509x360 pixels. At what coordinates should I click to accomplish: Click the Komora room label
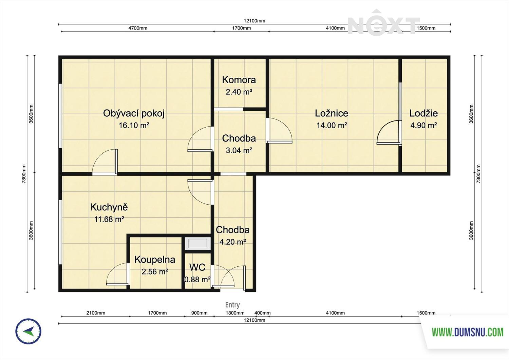[239, 80]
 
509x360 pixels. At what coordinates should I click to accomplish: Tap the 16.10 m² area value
[134, 125]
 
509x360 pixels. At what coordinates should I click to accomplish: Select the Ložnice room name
[332, 113]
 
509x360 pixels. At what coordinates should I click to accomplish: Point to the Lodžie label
[423, 113]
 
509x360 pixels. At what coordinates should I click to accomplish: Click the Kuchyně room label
[109, 207]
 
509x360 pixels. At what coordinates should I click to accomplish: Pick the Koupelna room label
[155, 260]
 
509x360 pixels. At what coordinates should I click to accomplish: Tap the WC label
[197, 267]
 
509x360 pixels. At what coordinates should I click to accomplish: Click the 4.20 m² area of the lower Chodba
[233, 242]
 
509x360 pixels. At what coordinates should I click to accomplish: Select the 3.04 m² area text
[239, 150]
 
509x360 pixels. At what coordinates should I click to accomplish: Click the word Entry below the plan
[232, 305]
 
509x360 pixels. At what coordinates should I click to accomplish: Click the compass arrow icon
[29, 331]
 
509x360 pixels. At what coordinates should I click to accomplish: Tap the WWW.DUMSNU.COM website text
[468, 332]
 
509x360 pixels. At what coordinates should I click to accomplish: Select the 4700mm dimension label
[138, 28]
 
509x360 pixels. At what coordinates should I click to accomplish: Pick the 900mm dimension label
[199, 313]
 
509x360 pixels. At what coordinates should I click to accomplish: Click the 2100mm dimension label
[96, 313]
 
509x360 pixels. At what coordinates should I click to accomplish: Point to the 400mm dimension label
[262, 313]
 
